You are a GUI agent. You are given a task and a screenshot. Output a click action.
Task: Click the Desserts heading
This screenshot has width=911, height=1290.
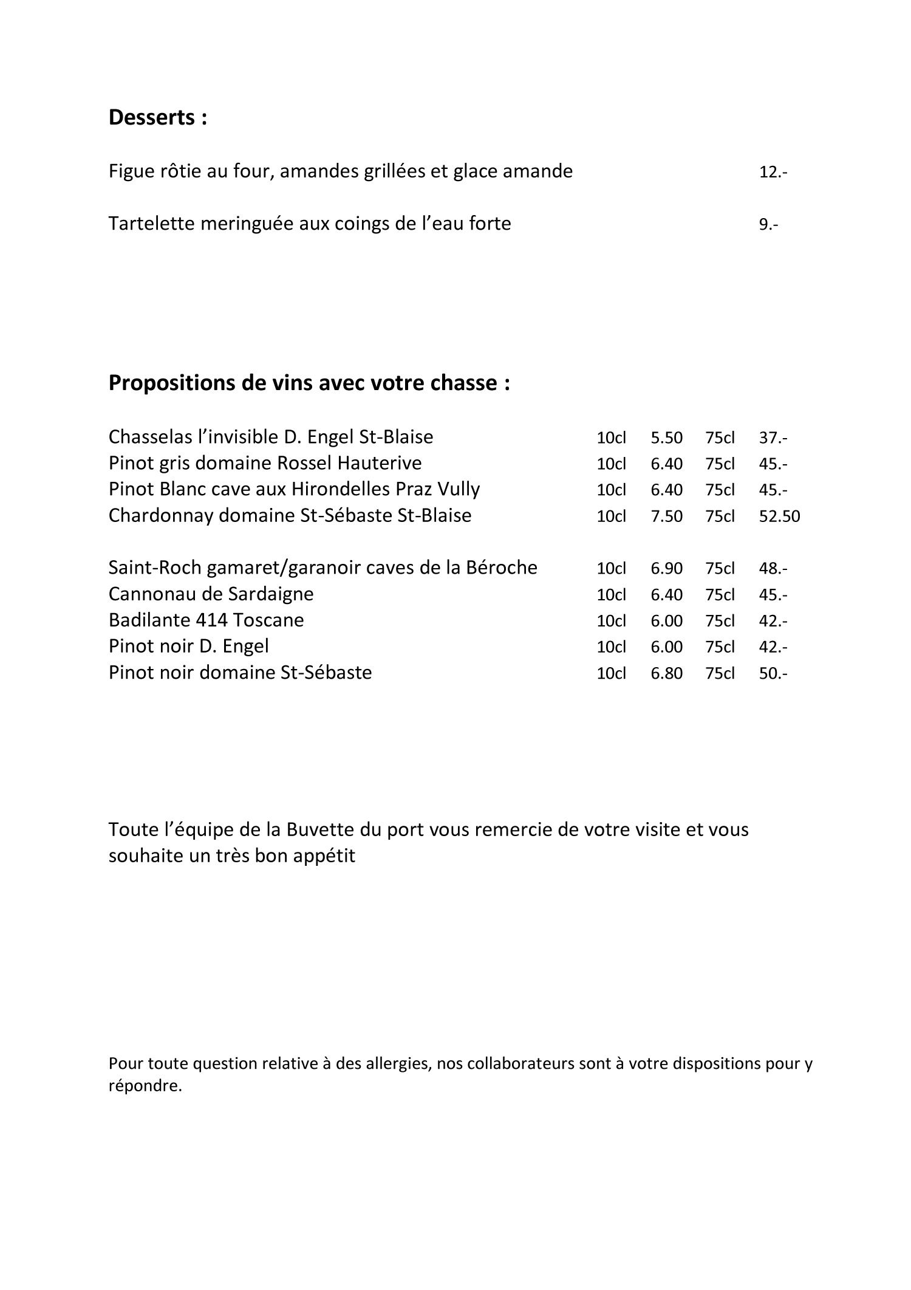[x=158, y=117]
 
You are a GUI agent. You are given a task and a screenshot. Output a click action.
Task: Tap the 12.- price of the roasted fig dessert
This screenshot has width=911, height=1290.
[x=773, y=172]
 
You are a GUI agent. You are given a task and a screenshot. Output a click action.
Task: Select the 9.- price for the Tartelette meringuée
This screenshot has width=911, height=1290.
[x=768, y=224]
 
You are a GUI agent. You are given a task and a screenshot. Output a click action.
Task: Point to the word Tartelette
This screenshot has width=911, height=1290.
[x=151, y=224]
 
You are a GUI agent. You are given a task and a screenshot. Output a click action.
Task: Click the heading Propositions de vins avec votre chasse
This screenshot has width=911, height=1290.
[x=309, y=383]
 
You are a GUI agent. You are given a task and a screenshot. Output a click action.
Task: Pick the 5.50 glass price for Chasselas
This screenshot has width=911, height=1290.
[x=666, y=437]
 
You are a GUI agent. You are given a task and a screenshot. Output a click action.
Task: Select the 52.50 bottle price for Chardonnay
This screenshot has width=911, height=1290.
[x=779, y=516]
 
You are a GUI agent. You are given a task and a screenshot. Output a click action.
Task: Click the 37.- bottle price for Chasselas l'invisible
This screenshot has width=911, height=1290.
[x=773, y=437]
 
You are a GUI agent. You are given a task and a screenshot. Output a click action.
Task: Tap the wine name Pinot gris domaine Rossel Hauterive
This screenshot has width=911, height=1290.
[x=265, y=463]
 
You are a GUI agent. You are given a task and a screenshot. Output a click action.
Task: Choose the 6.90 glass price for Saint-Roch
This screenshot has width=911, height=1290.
[x=666, y=569]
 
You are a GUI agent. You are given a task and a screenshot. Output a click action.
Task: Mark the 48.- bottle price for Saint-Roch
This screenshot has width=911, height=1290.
[x=773, y=569]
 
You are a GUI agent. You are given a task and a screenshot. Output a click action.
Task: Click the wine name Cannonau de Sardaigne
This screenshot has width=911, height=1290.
[x=211, y=594]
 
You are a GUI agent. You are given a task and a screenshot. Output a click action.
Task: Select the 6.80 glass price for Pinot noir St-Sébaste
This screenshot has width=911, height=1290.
[x=666, y=673]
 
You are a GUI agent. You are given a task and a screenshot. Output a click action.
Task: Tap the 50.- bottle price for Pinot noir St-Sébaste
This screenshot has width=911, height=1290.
[x=773, y=673]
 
